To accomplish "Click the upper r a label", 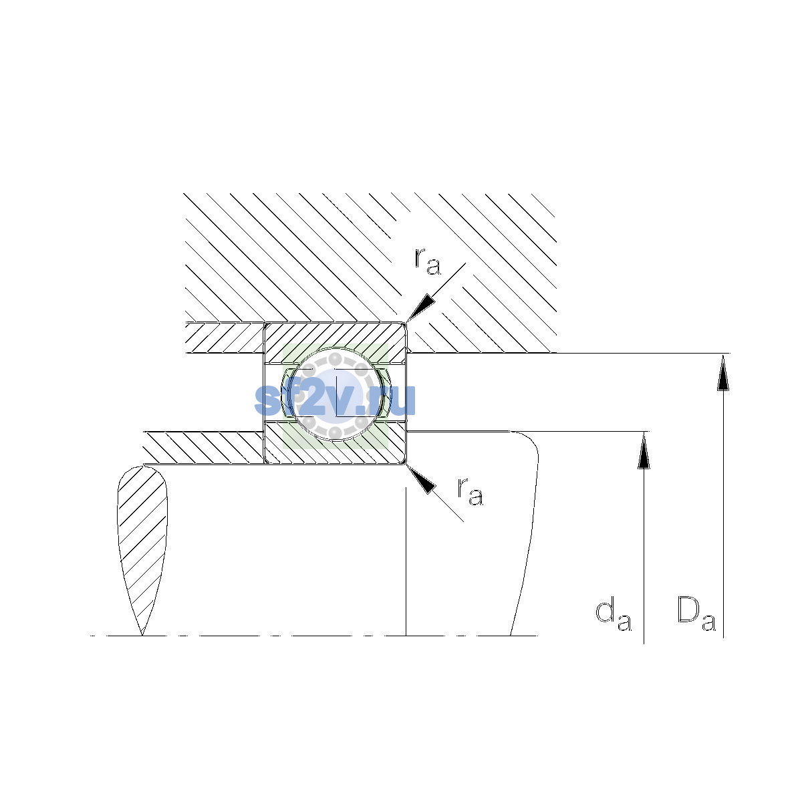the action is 428,261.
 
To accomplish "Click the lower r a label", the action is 471,492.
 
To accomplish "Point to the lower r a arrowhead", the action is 421,479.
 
